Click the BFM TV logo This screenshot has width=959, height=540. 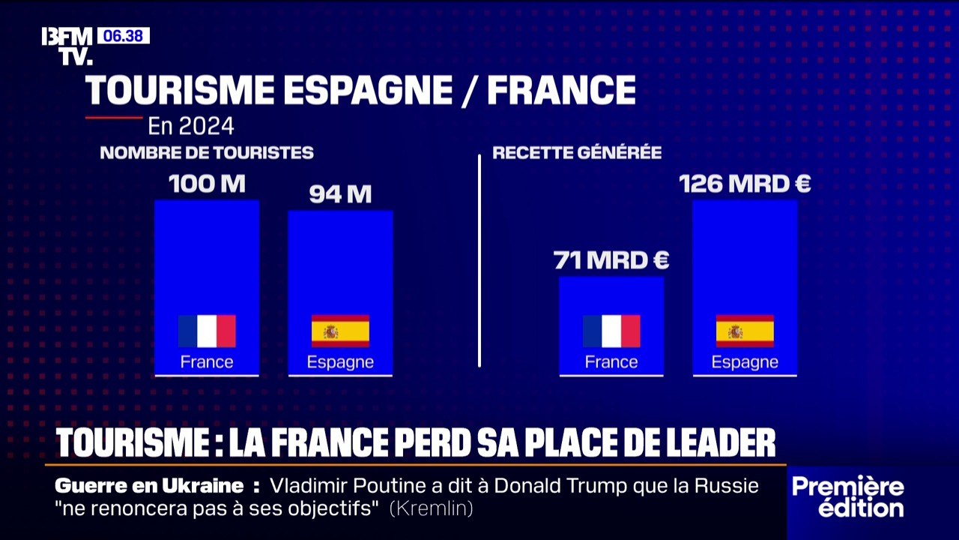[x=67, y=46]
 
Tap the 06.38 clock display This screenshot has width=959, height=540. [x=123, y=36]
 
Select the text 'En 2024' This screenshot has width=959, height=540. [x=190, y=125]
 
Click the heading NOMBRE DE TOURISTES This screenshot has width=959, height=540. [x=207, y=153]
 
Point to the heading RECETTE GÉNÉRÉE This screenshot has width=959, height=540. [x=577, y=153]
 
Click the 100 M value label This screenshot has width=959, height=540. [x=207, y=184]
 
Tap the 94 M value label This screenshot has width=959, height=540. [x=340, y=195]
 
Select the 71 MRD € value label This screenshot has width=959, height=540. [x=611, y=261]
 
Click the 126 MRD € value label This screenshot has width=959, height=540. [x=745, y=184]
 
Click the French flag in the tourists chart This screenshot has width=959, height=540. [x=207, y=331]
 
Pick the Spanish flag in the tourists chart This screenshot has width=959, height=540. [x=340, y=331]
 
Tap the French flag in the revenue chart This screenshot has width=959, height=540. [x=611, y=331]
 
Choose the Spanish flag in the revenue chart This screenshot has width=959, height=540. [x=745, y=331]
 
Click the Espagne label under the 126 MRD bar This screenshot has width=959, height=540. [x=745, y=362]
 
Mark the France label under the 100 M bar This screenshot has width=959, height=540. [x=207, y=362]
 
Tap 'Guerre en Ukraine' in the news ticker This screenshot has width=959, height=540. [x=149, y=486]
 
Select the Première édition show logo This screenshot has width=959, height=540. [x=848, y=496]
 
